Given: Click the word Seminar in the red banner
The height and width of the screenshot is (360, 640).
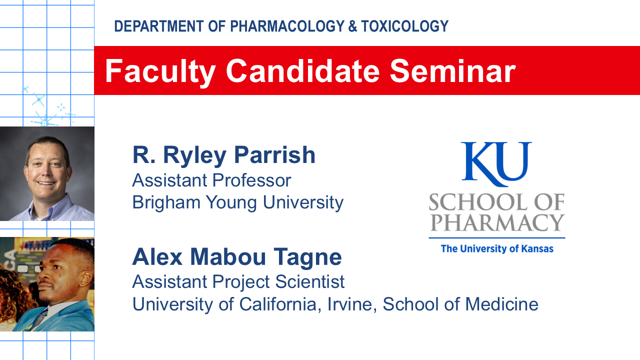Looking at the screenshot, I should pos(452,71).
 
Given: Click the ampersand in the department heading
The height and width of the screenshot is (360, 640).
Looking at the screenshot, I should pos(352,26).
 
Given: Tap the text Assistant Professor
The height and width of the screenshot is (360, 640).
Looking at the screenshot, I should pos(211,180).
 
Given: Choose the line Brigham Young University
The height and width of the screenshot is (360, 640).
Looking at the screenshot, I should pos(237,202).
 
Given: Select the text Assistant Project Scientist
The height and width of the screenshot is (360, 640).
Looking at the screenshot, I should pos(238,281).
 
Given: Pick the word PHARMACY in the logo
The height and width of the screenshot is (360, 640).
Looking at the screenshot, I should pos(497,222).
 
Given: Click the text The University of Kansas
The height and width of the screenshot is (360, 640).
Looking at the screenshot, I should pos(497,248).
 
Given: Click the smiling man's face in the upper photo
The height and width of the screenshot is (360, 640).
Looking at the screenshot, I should pos(47,167).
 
